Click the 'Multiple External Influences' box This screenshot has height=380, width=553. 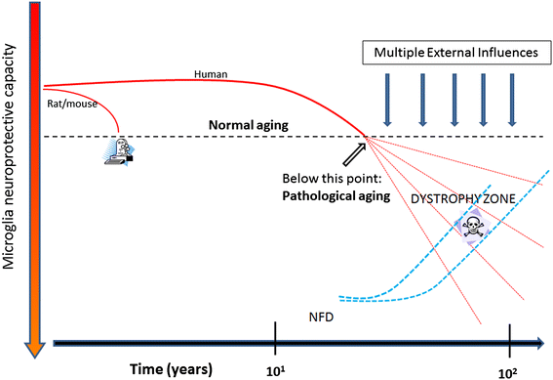coord(454,51)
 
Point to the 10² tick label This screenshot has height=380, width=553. coord(510,369)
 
